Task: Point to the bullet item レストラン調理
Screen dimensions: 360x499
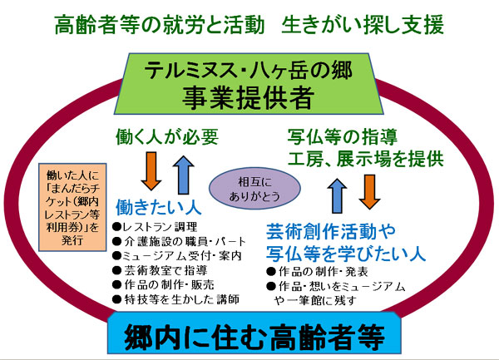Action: pyautogui.click(x=154, y=226)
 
